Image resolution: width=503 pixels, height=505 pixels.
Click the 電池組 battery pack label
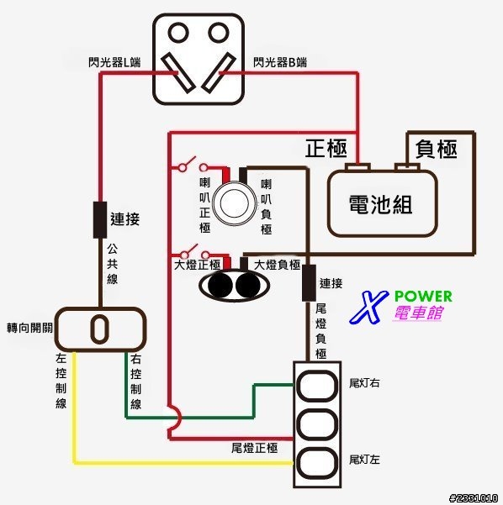(380, 204)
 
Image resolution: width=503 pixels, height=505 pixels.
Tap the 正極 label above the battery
(326, 149)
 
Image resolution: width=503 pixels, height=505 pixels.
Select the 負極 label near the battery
(436, 149)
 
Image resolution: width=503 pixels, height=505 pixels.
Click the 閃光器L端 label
(114, 62)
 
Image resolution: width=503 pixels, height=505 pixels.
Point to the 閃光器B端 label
(280, 62)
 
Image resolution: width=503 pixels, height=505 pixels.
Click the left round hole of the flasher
(178, 32)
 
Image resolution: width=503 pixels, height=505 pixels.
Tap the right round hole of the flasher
(219, 32)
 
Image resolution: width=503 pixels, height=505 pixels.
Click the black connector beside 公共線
(100, 220)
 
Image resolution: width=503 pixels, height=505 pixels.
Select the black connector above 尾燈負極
(309, 283)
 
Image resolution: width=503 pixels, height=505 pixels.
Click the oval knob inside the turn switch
(99, 329)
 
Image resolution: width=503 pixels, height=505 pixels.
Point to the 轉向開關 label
(29, 329)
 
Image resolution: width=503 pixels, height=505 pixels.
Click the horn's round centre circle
(235, 203)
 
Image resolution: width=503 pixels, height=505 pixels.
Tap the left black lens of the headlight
(220, 286)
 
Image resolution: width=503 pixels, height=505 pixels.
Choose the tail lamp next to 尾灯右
(317, 386)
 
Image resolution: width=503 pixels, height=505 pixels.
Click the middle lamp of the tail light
(317, 423)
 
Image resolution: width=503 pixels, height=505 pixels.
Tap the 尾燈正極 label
(254, 448)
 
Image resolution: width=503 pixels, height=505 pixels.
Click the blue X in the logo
(368, 307)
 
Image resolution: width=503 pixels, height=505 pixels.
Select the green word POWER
(423, 297)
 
